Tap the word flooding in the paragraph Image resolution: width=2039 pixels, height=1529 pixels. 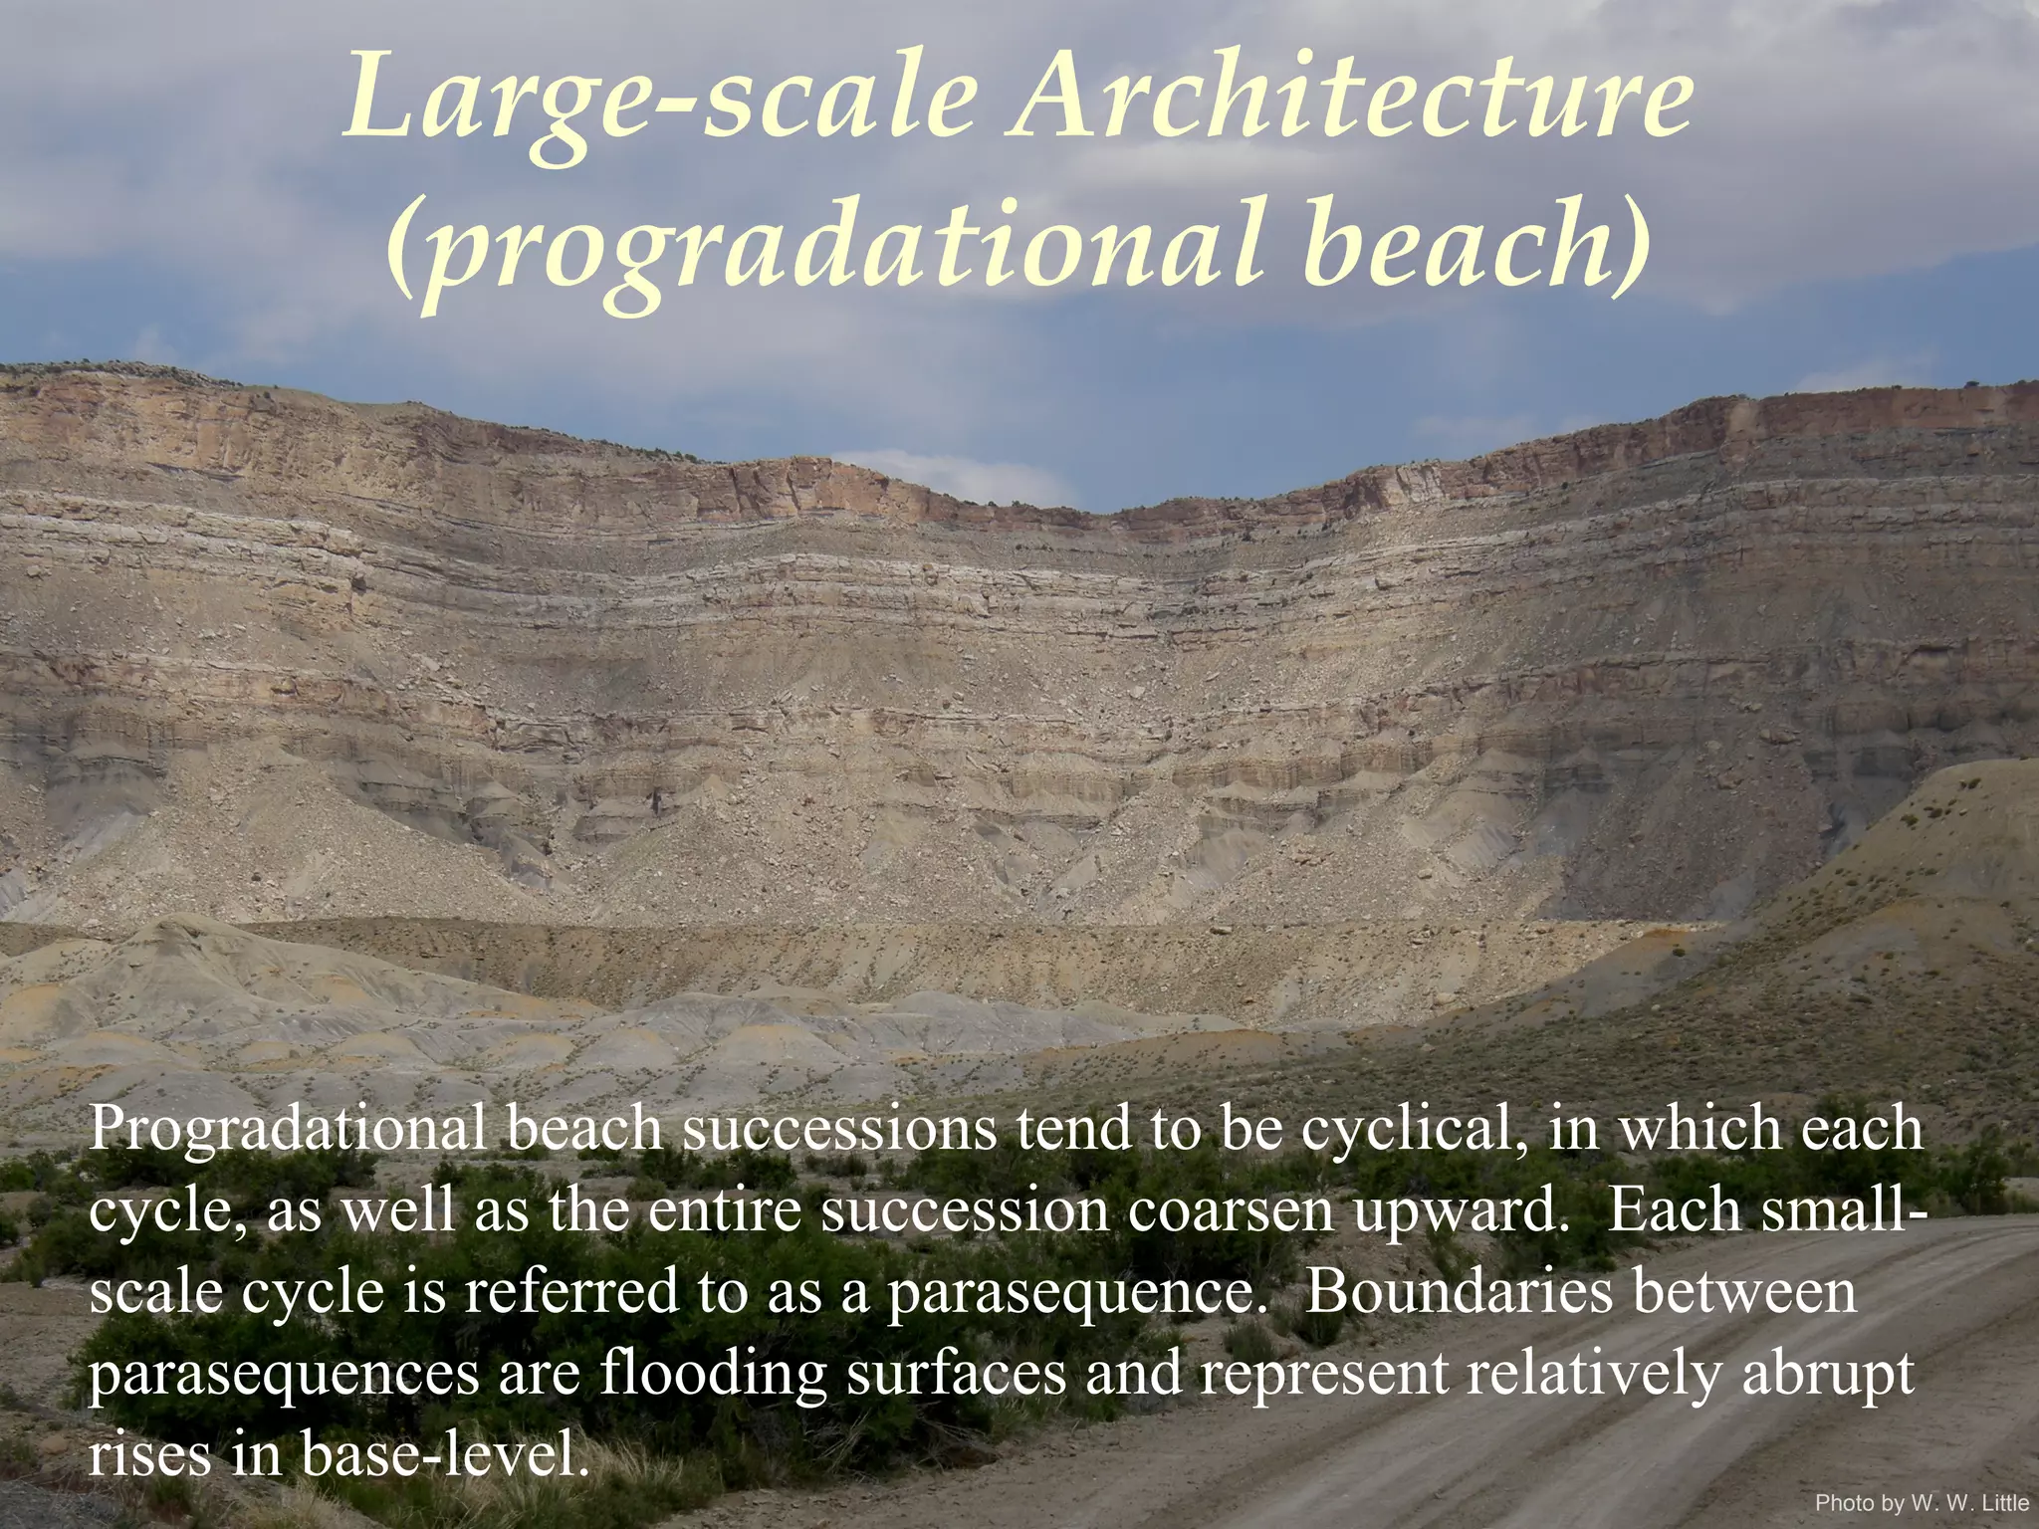point(713,1374)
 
